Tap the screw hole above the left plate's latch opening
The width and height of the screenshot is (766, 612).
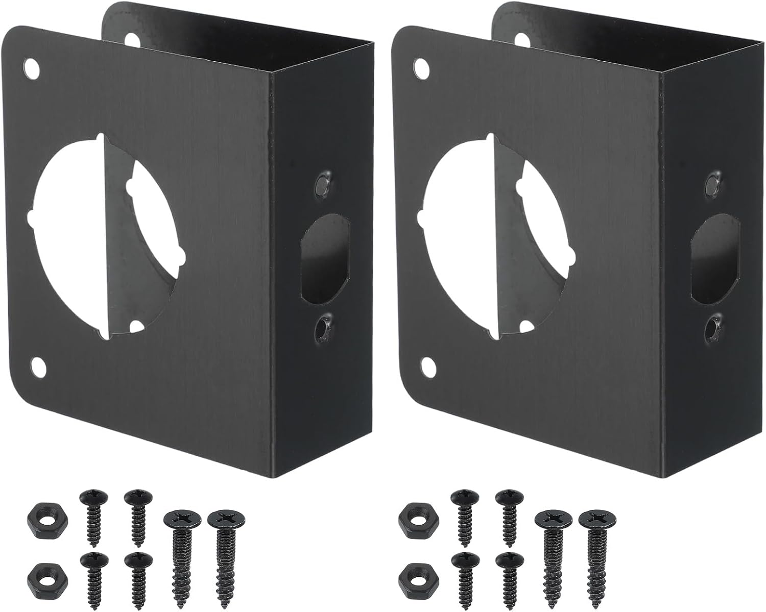coord(323,182)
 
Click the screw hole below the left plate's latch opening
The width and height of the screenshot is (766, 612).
coord(323,327)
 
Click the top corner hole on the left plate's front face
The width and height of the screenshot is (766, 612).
coord(32,68)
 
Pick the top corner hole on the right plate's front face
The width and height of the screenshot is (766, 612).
coord(422,68)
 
